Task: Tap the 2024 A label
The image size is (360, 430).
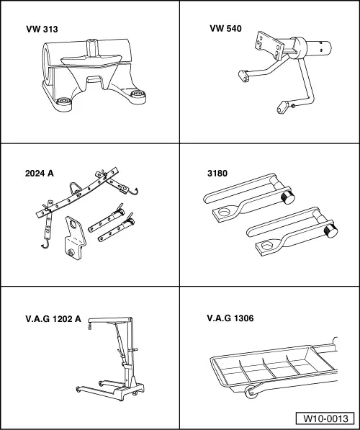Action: (40, 173)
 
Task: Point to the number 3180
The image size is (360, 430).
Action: (217, 173)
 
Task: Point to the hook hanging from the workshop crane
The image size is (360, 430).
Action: (89, 328)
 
